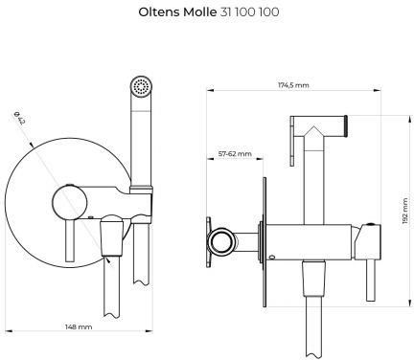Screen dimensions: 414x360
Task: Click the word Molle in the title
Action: (x=199, y=12)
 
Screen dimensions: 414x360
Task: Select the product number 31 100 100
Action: (x=249, y=12)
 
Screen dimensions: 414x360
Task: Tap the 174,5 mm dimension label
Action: (x=293, y=85)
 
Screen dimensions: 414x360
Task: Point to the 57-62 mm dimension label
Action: (x=235, y=154)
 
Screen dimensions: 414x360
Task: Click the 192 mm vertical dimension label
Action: (x=405, y=211)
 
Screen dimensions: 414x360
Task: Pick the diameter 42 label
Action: (x=20, y=118)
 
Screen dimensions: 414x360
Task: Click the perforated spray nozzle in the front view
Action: (x=141, y=86)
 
